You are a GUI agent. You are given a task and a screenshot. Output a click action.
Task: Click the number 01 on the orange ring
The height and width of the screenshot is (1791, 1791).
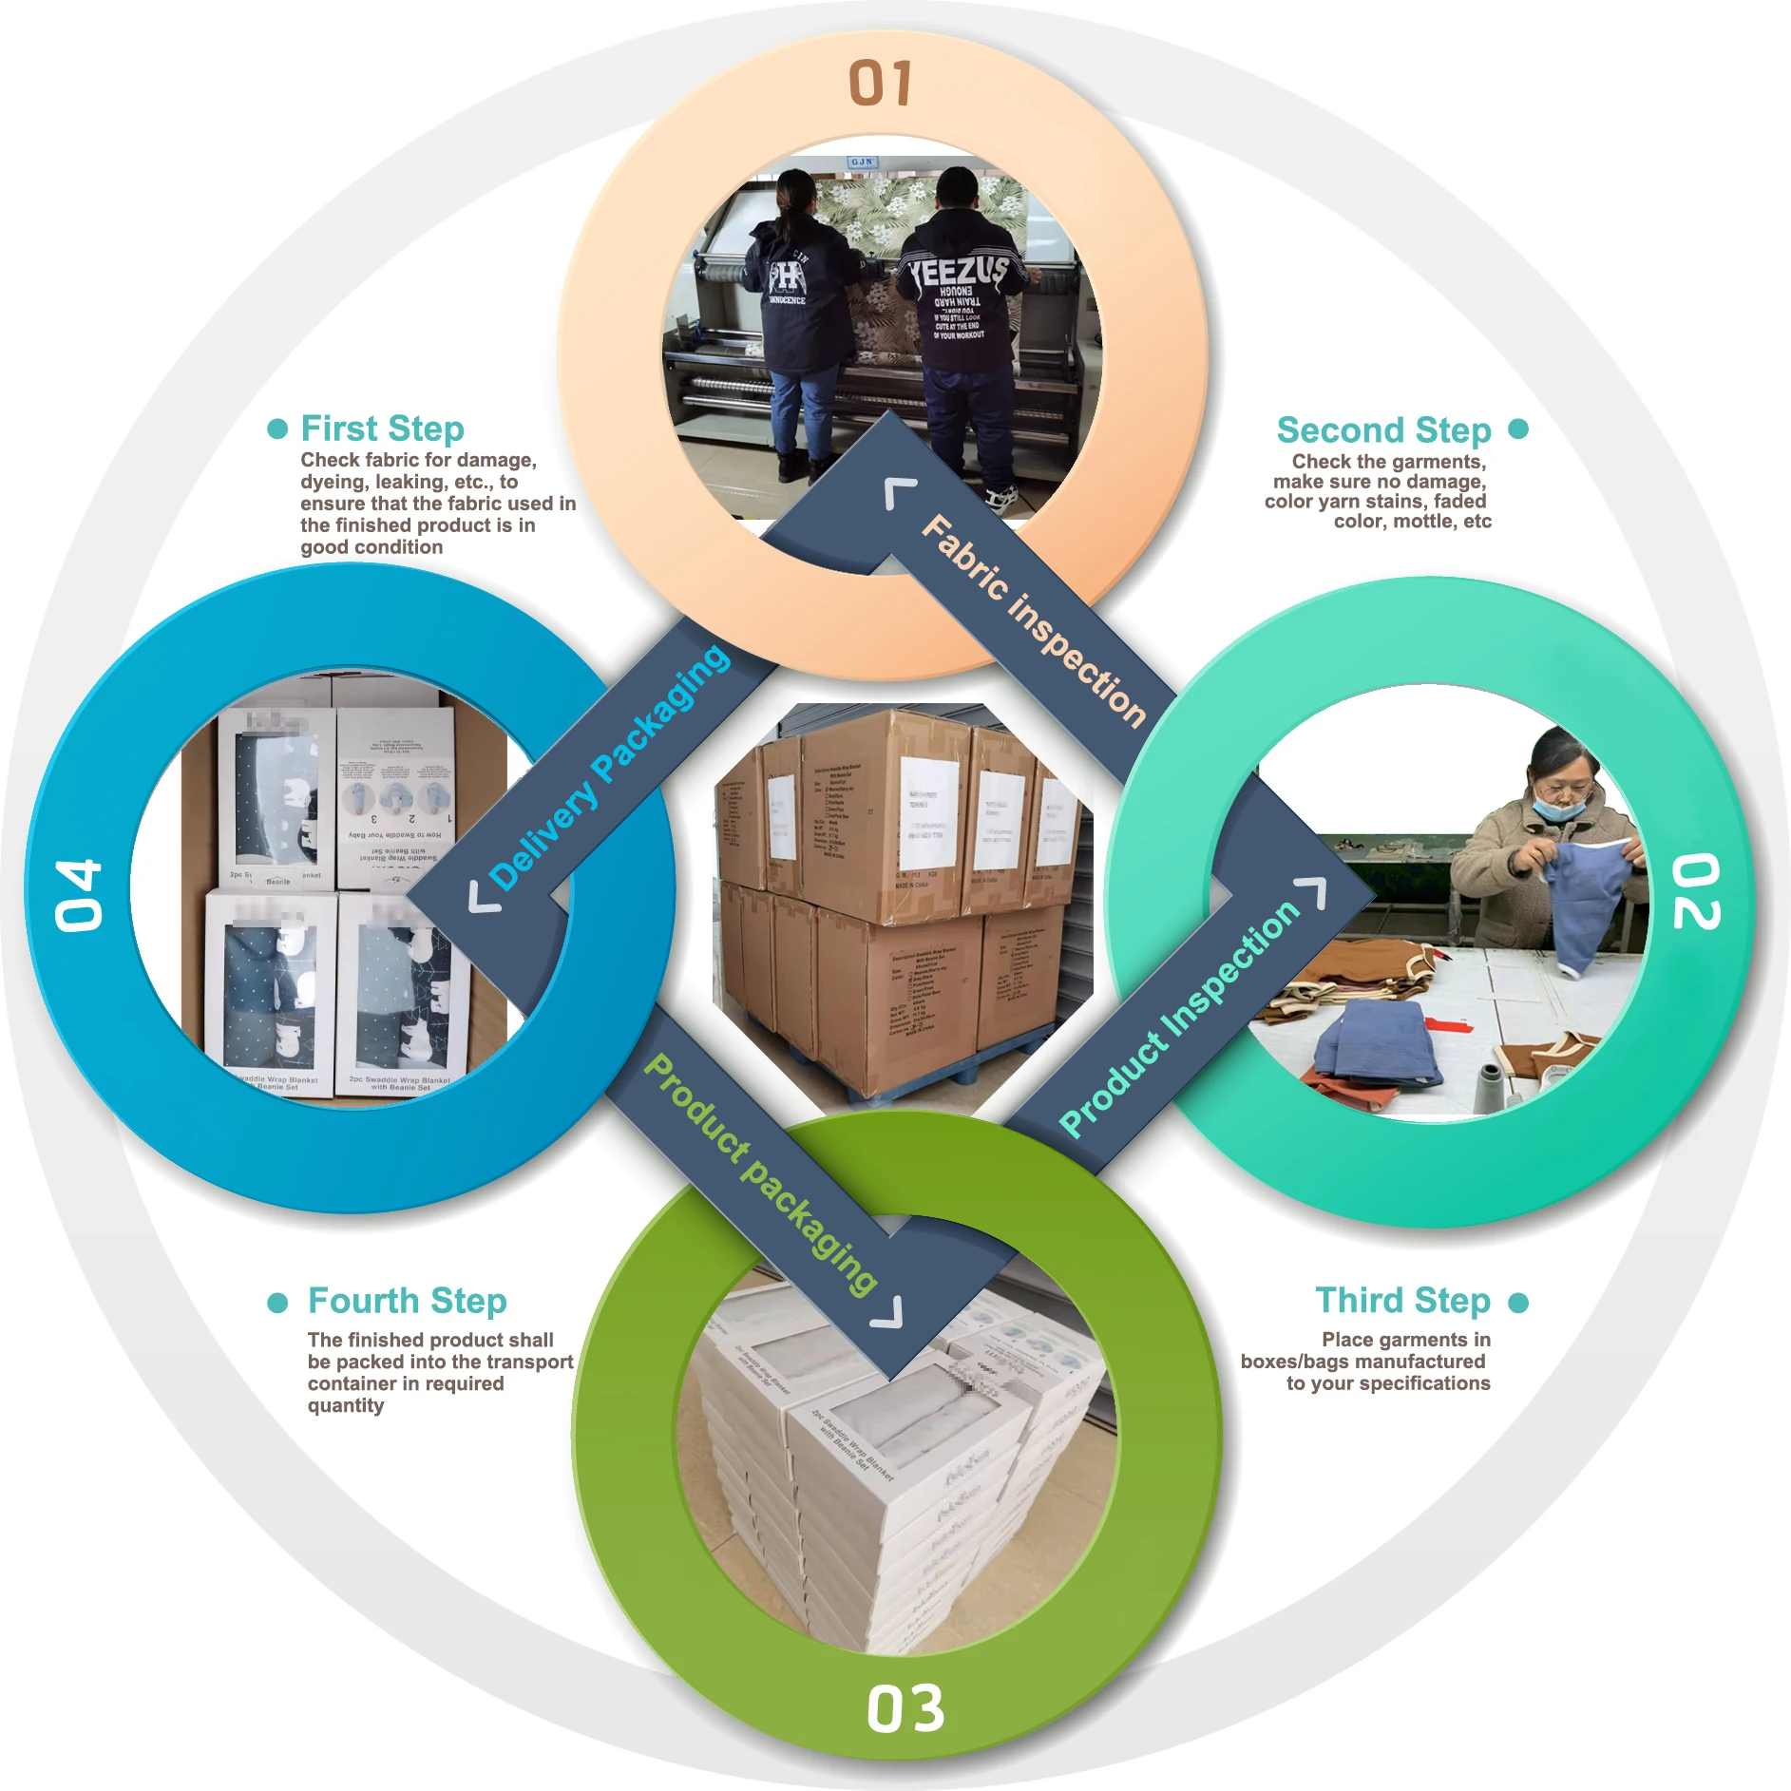pos(881,83)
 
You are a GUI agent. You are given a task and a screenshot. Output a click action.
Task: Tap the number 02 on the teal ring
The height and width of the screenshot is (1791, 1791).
pos(1696,890)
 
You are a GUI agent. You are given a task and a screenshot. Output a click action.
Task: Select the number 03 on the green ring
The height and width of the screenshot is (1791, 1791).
pos(905,1709)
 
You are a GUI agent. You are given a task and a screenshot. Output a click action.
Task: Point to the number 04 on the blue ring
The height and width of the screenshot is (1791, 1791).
pos(78,895)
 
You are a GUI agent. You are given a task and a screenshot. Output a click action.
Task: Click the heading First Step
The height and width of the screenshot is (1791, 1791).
pos(382,429)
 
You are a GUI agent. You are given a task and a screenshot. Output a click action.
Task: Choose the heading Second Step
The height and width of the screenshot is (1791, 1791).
pos(1383,430)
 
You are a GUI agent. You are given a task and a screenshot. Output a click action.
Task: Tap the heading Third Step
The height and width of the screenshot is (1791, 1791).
pos(1402,1300)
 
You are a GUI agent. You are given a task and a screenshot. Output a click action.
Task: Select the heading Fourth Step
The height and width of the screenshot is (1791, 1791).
pos(407,1301)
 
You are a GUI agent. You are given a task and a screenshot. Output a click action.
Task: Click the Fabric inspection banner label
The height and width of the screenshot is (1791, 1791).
pos(1034,619)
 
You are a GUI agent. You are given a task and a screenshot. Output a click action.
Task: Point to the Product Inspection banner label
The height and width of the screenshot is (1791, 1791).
pos(1179,1018)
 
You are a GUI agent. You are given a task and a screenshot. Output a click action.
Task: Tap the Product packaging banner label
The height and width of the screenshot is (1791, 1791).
pos(760,1173)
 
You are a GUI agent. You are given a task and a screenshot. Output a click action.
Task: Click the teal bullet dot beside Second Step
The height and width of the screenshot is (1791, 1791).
pos(1518,429)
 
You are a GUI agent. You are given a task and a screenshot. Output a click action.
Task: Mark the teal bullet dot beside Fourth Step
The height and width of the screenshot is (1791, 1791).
pos(277,1302)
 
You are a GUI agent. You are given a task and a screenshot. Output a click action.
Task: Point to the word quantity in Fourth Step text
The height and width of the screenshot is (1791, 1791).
pos(346,1405)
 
